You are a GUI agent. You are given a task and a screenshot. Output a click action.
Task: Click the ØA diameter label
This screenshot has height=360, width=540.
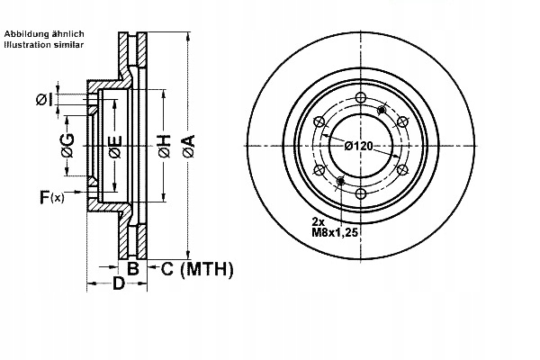(x=187, y=139)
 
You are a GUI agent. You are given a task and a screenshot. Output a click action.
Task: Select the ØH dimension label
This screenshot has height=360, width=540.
(x=164, y=146)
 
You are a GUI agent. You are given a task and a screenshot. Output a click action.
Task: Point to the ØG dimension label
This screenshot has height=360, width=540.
(x=67, y=139)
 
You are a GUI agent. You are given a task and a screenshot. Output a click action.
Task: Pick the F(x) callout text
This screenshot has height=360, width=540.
(x=51, y=196)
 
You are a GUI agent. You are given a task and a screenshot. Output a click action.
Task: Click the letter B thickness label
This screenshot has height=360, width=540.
(x=132, y=267)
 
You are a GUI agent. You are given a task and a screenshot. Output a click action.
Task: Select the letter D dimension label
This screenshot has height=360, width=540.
(x=118, y=286)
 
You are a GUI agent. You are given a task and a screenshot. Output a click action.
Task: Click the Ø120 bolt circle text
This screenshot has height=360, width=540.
(x=361, y=146)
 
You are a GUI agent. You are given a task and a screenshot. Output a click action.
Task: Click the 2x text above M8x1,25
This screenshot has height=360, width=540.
(x=319, y=221)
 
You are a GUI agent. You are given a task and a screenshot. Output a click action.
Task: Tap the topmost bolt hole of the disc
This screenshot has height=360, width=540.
(x=360, y=98)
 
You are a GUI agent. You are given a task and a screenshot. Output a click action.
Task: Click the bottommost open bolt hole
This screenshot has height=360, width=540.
(x=360, y=195)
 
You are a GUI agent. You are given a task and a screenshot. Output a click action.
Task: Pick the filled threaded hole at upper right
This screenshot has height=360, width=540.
(x=382, y=110)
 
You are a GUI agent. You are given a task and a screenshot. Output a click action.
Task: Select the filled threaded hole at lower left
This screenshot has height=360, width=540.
(x=339, y=183)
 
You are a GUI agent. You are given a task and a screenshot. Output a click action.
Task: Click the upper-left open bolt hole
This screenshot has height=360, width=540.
(x=318, y=122)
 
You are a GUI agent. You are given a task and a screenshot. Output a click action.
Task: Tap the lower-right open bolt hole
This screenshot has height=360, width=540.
(x=402, y=170)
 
